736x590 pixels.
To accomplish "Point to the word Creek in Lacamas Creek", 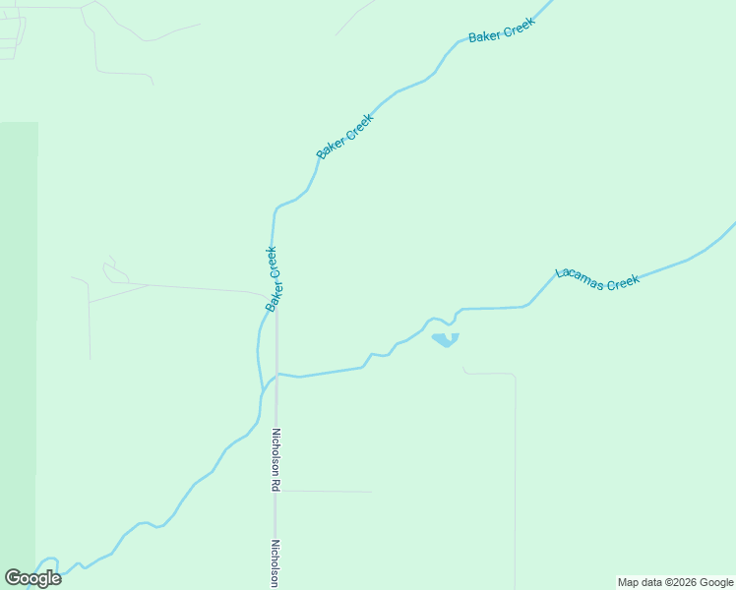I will click(x=623, y=283).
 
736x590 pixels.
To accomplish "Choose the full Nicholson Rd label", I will click(x=277, y=459).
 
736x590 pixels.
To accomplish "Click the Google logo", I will click(x=32, y=578).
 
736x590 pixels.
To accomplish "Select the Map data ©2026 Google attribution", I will click(x=676, y=582).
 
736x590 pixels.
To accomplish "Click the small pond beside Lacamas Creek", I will click(x=445, y=339).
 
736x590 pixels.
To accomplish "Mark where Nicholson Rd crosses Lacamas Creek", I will click(x=277, y=374).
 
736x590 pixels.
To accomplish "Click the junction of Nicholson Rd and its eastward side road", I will click(x=276, y=491).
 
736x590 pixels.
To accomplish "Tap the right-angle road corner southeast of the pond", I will click(x=515, y=376).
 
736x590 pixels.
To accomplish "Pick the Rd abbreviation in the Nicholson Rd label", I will click(x=277, y=486).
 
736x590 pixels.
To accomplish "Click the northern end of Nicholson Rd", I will click(x=276, y=306).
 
